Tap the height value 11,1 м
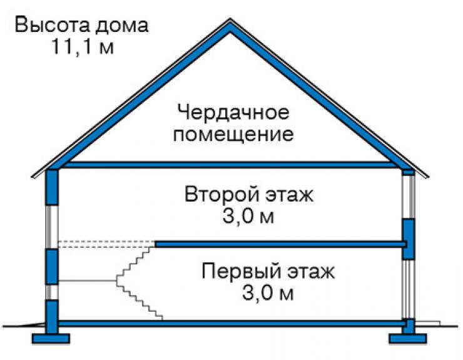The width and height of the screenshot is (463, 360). (83, 46)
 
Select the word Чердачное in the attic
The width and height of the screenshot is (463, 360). (233, 113)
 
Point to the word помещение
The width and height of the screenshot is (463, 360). (233, 135)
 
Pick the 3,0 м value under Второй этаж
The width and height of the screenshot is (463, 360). (248, 217)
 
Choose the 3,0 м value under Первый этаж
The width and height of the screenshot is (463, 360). (268, 293)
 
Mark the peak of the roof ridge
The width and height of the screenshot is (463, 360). (230, 19)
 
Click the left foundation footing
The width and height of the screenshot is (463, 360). (51, 339)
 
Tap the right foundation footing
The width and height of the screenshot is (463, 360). (408, 339)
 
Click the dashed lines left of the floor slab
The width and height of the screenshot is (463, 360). (106, 244)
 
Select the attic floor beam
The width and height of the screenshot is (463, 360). (230, 165)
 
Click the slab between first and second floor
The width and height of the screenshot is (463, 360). (281, 244)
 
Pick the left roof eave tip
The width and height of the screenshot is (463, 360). (32, 177)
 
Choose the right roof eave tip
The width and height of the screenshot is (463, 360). (428, 177)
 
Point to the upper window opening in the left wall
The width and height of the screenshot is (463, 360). (52, 227)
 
